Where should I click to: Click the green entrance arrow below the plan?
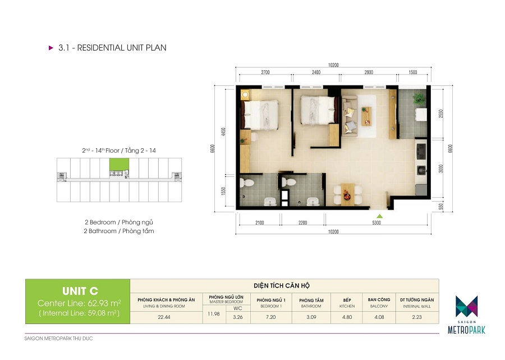click(380, 216)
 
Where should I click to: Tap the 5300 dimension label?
click(376, 223)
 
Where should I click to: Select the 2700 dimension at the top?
click(265, 72)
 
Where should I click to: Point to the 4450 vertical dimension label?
click(223, 131)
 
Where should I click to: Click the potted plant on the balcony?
click(419, 98)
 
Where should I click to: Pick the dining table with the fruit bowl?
click(347, 194)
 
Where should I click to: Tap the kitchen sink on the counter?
click(421, 170)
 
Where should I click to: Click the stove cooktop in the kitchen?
click(421, 152)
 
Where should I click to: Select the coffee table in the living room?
click(366, 116)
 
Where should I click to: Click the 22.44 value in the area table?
click(164, 317)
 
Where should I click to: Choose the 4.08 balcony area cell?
click(379, 317)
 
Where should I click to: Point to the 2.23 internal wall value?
click(417, 317)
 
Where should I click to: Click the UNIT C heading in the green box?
click(80, 291)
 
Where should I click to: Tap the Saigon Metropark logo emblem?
click(466, 306)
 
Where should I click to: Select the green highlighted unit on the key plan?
click(119, 165)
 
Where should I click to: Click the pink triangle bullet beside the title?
click(51, 48)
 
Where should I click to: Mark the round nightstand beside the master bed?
click(245, 95)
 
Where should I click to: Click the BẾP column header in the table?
click(347, 300)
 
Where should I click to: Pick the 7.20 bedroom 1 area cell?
click(271, 317)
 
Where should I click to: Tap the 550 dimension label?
click(441, 207)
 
